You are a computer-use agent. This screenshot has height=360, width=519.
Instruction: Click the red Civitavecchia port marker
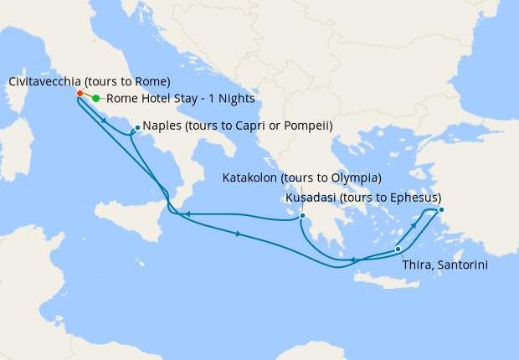(79, 93)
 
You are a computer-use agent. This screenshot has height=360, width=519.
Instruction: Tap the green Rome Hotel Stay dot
(95, 99)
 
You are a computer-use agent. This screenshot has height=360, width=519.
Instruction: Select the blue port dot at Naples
(136, 128)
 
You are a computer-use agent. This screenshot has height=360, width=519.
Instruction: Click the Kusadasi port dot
(441, 209)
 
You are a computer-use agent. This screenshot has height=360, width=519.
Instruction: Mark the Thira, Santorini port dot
(398, 249)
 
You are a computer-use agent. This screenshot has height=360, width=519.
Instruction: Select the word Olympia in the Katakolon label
(355, 178)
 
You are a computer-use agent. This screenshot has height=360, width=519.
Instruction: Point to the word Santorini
(461, 265)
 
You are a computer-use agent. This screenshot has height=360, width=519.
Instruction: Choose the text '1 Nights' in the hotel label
(231, 99)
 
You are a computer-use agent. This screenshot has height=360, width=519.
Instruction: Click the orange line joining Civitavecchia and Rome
(87, 96)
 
